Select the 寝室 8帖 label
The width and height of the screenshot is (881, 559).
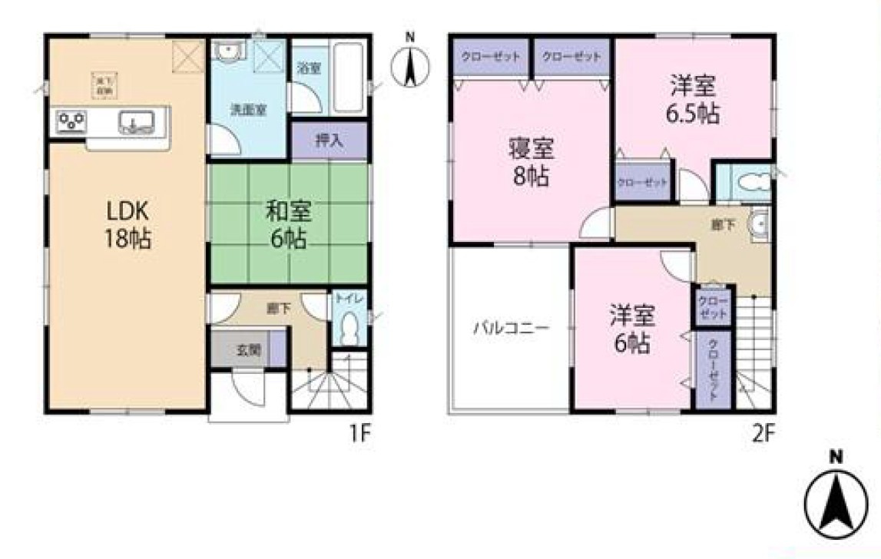[530, 163]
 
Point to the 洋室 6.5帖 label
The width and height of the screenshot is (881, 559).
[691, 100]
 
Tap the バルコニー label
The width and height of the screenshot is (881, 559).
[510, 329]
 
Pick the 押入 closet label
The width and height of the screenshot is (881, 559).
[329, 141]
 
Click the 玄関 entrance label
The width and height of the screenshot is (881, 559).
[247, 349]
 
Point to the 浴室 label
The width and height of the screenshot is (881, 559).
[309, 68]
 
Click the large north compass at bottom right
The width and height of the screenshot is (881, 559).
[836, 499]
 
